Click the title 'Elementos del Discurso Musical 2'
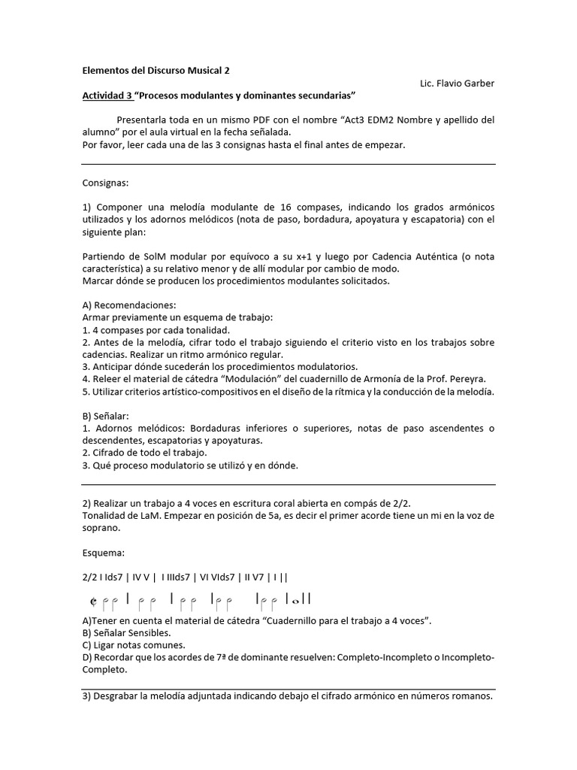(x=156, y=70)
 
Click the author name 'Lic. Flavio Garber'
(x=457, y=83)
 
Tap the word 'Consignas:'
(x=105, y=183)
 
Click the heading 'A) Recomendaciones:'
(x=128, y=305)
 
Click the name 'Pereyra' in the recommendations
(x=467, y=379)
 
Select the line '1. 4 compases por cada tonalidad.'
(x=156, y=330)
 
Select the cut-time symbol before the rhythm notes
(x=92, y=600)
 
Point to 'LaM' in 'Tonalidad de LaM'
(x=148, y=515)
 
